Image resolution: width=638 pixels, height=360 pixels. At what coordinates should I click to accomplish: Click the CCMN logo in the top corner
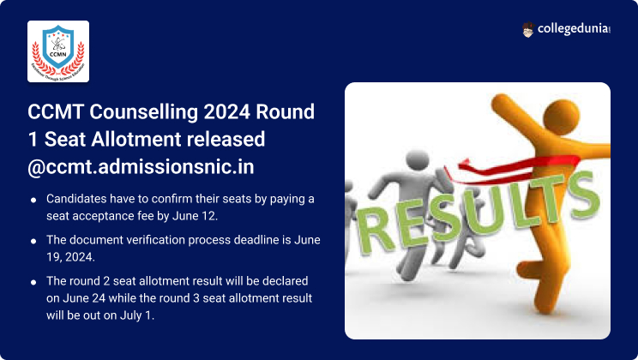tap(58, 51)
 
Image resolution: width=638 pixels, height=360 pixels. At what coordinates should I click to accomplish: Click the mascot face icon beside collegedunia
tap(528, 30)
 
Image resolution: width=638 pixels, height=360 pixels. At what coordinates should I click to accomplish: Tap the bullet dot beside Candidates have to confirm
tap(33, 199)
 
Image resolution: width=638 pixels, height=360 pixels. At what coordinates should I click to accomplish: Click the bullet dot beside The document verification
tap(33, 241)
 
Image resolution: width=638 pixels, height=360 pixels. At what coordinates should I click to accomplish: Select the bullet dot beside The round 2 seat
tap(33, 281)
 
